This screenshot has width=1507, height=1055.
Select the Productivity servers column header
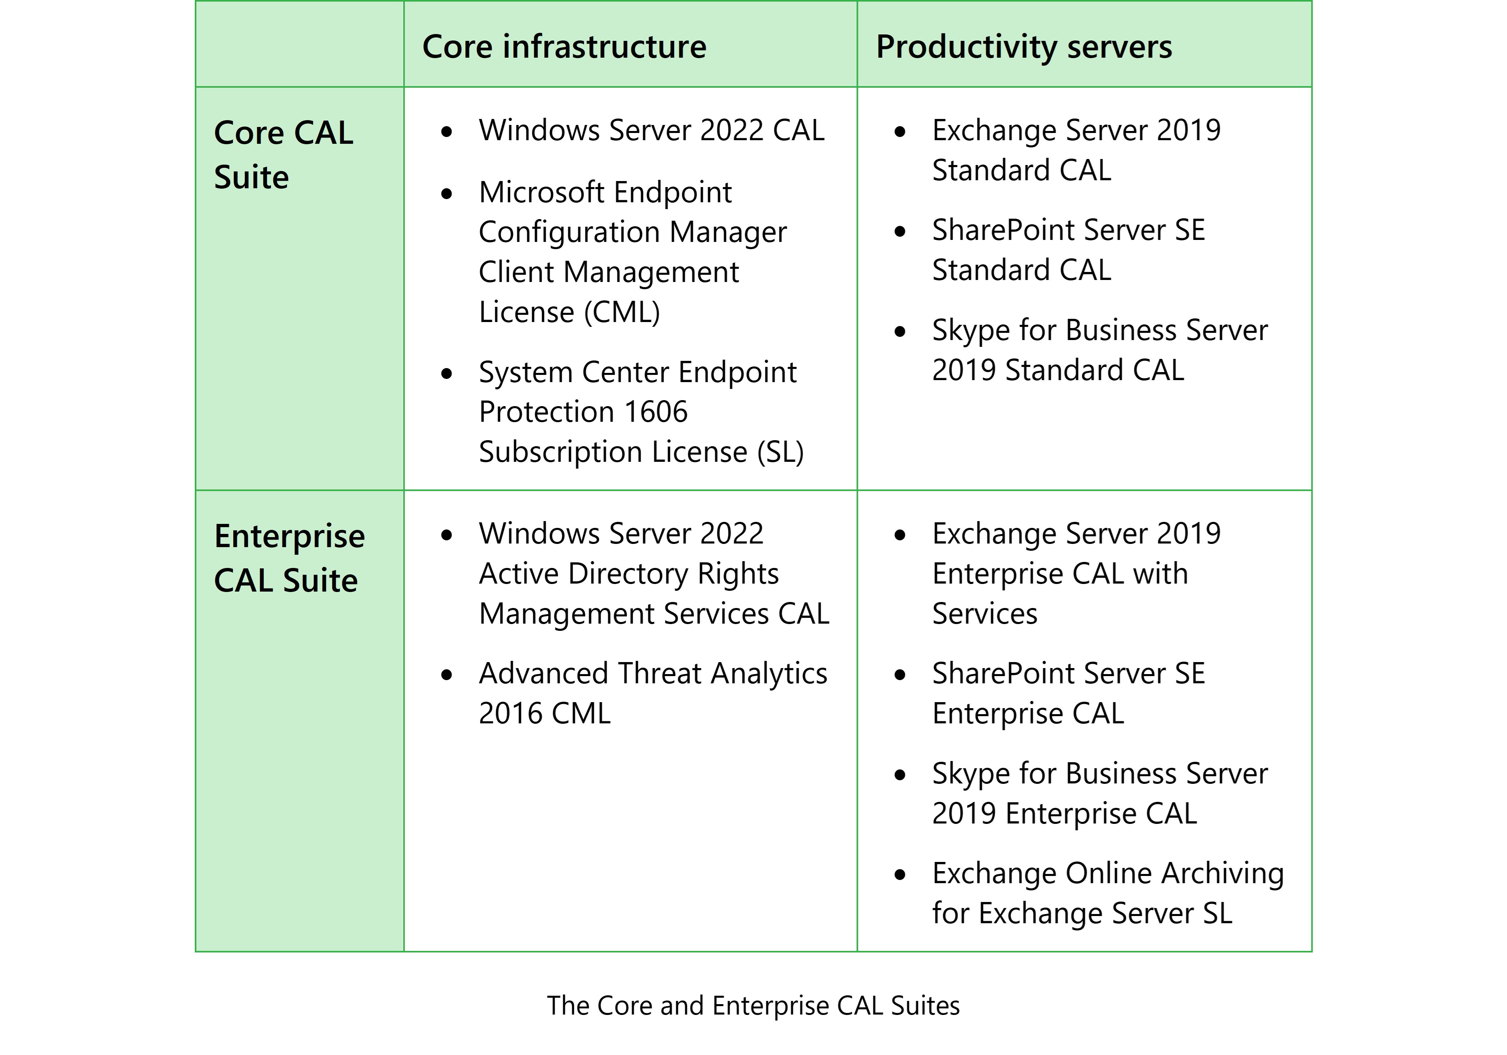coord(1024,47)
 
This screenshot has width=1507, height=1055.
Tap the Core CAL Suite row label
coord(283,155)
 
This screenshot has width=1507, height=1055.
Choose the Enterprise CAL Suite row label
coord(289,558)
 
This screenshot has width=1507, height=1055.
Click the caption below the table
coord(753,1005)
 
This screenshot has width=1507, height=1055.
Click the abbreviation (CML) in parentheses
coord(622,312)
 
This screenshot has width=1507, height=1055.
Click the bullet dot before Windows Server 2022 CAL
coord(447,132)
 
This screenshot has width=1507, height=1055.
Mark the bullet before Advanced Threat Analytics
coord(447,675)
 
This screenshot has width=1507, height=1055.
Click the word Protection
coord(547,412)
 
